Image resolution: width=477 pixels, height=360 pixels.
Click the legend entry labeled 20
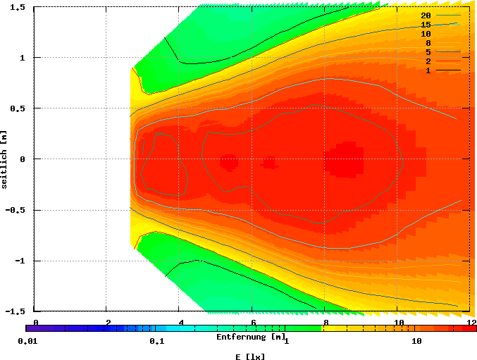(x=426, y=15)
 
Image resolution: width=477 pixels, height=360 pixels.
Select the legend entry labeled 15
(x=426, y=24)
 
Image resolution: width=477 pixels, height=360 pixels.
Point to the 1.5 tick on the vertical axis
(x=19, y=7)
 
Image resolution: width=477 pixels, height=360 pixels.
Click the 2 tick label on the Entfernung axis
(x=108, y=322)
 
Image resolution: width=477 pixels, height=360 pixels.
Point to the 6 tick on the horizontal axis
(x=253, y=322)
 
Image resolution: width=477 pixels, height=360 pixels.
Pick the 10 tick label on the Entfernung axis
(x=399, y=322)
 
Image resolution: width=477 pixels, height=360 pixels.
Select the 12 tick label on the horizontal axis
(x=471, y=322)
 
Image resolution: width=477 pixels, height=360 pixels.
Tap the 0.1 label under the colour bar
(x=156, y=342)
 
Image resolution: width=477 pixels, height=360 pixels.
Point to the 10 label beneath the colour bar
(x=416, y=342)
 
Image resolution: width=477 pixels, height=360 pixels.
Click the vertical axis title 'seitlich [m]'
(x=6, y=159)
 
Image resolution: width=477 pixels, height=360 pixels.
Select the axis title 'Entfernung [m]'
(x=250, y=337)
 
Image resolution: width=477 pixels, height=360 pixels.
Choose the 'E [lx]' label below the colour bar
(x=250, y=356)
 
